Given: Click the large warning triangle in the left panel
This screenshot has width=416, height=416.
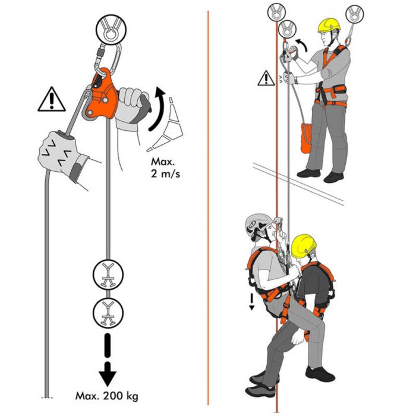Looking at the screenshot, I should pos(52,99).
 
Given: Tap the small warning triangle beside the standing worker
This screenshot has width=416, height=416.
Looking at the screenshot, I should pos(266,78).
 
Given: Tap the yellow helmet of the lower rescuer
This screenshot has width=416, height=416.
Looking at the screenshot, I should pos(304,245).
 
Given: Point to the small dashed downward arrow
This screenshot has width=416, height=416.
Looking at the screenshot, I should pos(251,300).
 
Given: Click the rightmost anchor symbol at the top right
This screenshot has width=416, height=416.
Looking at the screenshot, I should pos(355,12).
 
